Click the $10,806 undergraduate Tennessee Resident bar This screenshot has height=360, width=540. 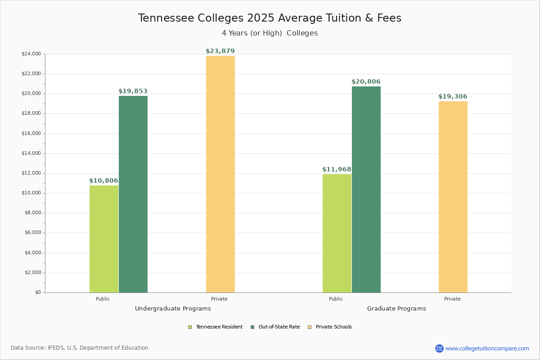point(104,239)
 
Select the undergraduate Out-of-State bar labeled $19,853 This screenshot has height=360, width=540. point(133,194)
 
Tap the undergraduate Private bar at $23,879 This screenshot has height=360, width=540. point(220,174)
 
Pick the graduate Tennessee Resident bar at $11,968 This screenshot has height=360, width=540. point(337,233)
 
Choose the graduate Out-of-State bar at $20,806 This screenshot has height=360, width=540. point(366,189)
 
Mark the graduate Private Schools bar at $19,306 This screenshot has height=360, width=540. point(453,197)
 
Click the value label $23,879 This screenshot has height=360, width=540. point(220,51)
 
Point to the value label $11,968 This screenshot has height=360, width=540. point(337,170)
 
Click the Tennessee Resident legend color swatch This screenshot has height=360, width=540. point(190,327)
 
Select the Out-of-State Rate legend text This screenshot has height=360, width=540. point(279,327)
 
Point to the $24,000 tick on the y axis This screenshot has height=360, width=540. point(31,54)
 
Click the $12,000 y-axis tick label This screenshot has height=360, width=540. point(31,173)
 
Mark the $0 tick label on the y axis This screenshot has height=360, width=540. point(37,292)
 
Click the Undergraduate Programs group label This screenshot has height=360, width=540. point(173,309)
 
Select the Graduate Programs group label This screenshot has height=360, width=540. point(396,309)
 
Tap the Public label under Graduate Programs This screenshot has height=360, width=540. point(336,299)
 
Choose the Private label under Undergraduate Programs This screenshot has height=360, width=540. point(219,299)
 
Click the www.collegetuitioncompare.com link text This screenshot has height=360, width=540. point(487,348)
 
